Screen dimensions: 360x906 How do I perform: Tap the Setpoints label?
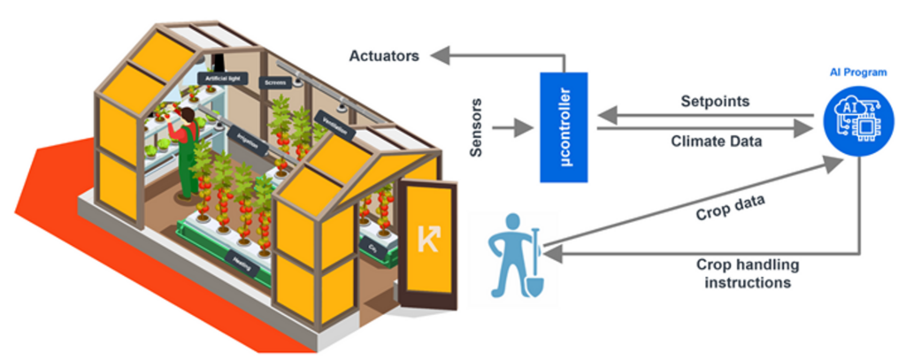click(x=715, y=101)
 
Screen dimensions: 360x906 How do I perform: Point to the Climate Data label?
click(x=716, y=140)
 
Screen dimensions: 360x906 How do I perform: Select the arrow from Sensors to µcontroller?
click(x=510, y=129)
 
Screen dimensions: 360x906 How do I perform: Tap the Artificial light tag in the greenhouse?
click(x=221, y=80)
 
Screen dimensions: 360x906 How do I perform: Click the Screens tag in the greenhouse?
click(x=273, y=83)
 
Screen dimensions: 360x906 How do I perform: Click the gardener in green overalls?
click(x=187, y=150)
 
